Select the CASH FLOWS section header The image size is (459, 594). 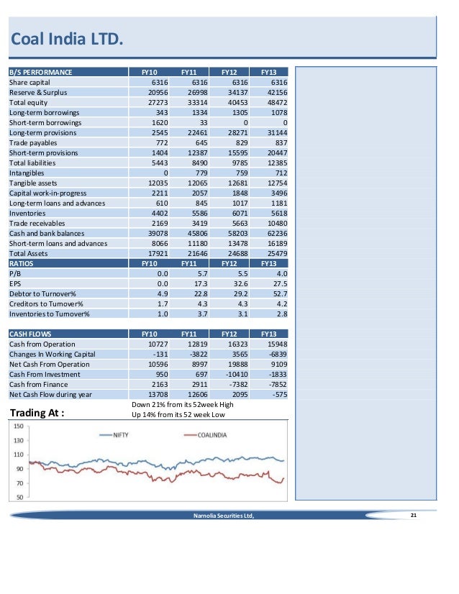[x=30, y=334]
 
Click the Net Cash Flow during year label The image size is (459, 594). [x=50, y=394]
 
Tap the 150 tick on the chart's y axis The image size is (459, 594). [x=20, y=427]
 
